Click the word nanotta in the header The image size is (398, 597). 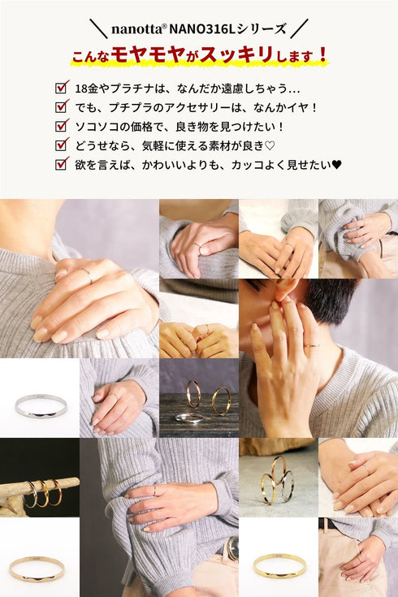(x=136, y=29)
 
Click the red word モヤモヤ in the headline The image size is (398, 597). (x=148, y=54)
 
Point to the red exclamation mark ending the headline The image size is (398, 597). (x=323, y=54)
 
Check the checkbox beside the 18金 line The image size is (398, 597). (x=62, y=87)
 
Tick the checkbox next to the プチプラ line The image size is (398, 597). (x=62, y=106)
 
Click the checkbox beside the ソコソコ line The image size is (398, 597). (x=62, y=125)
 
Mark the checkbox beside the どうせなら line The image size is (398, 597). (x=62, y=145)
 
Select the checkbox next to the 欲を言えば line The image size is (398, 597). (x=62, y=163)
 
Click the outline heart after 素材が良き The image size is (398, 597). (x=270, y=146)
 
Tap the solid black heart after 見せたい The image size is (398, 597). (x=337, y=165)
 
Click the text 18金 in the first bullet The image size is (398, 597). (x=87, y=89)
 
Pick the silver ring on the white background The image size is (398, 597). (x=41, y=413)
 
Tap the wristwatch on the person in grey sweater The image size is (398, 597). (x=231, y=548)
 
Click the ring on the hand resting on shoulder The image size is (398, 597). (x=87, y=275)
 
